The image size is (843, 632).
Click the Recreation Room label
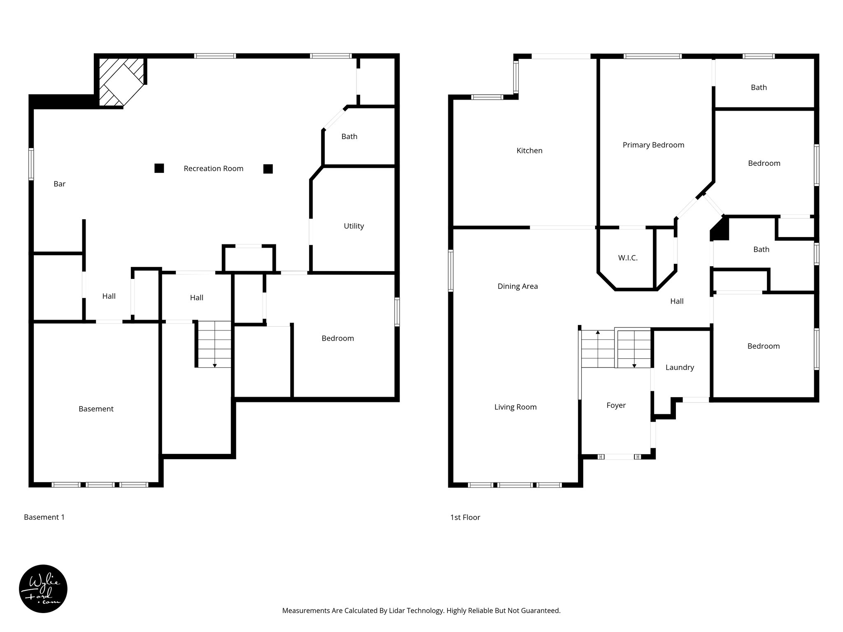(x=213, y=168)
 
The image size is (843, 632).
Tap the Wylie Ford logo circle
(x=43, y=589)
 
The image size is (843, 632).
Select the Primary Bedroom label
(x=653, y=145)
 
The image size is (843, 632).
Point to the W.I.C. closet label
(x=628, y=258)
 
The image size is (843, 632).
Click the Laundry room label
(x=680, y=367)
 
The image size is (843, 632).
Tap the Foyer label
(x=616, y=405)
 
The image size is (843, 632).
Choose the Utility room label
(x=354, y=226)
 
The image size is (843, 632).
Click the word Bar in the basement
(x=59, y=184)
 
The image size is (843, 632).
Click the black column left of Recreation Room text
(x=159, y=168)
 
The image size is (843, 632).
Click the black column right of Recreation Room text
(x=268, y=169)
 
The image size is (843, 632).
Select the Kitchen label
(x=529, y=151)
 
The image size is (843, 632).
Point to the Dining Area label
(x=517, y=286)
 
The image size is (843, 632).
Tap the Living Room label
(x=515, y=407)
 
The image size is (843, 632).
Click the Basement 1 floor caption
(x=44, y=517)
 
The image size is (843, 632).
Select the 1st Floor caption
(x=465, y=517)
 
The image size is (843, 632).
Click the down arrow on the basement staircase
(x=214, y=365)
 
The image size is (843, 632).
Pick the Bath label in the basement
(x=349, y=137)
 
